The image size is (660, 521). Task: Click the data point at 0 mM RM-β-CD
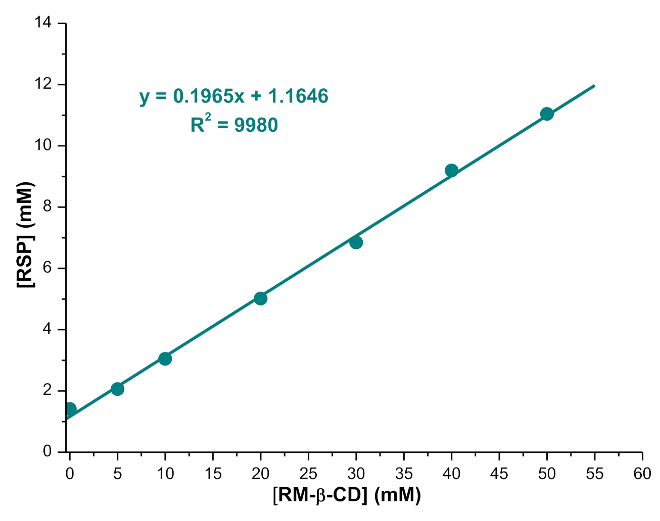tap(70, 409)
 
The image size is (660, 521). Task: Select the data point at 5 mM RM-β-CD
tap(117, 389)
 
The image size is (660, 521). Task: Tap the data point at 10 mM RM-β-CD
tap(165, 358)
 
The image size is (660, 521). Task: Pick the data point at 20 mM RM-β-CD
tap(260, 298)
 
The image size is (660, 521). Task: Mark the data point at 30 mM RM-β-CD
tap(356, 242)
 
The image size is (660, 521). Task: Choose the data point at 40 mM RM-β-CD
tap(451, 170)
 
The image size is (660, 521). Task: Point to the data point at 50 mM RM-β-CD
tap(547, 114)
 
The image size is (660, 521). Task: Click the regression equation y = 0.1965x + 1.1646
tap(234, 96)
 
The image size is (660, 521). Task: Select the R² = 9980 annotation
tap(234, 125)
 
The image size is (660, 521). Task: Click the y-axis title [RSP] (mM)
tap(25, 235)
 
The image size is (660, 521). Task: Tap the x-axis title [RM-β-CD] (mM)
tap(347, 495)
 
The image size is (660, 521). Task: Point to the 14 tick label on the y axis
tap(43, 23)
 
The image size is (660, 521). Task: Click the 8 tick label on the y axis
tap(48, 207)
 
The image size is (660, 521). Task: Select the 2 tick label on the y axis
tap(48, 391)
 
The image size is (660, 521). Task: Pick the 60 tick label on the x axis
tap(642, 474)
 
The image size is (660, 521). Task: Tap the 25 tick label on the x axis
tap(308, 474)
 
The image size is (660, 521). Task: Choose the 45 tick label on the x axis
tap(499, 474)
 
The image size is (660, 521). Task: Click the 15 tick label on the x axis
tap(213, 474)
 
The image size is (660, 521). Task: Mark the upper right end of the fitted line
tap(594, 86)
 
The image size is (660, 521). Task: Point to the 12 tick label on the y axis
tap(43, 84)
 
